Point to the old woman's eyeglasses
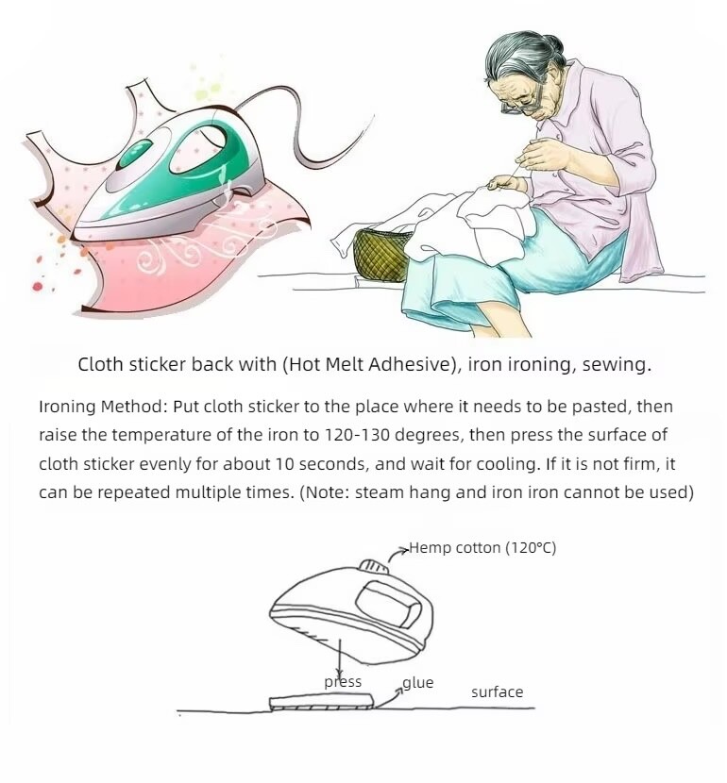[x=523, y=103]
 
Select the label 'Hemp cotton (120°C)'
[x=482, y=548]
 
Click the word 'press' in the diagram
[x=343, y=682]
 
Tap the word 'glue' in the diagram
[x=418, y=683]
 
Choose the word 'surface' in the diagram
[x=498, y=692]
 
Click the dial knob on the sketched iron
[x=374, y=567]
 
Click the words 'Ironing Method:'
[x=103, y=407]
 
